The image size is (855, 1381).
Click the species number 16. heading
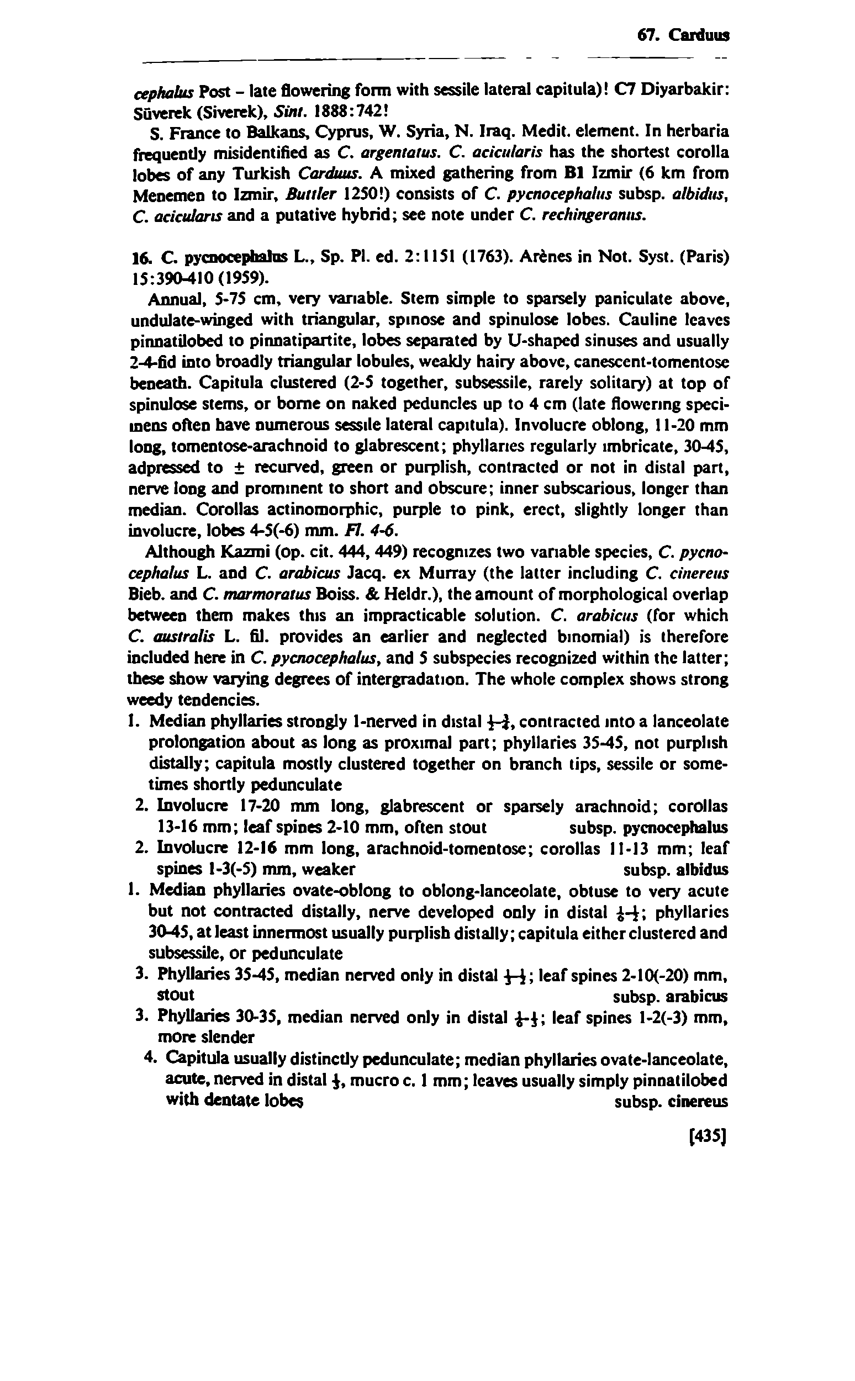click(x=139, y=257)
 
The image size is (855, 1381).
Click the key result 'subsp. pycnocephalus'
click(x=648, y=828)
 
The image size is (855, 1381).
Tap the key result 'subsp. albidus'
click(x=675, y=870)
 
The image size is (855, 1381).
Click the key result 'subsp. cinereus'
click(x=670, y=1102)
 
